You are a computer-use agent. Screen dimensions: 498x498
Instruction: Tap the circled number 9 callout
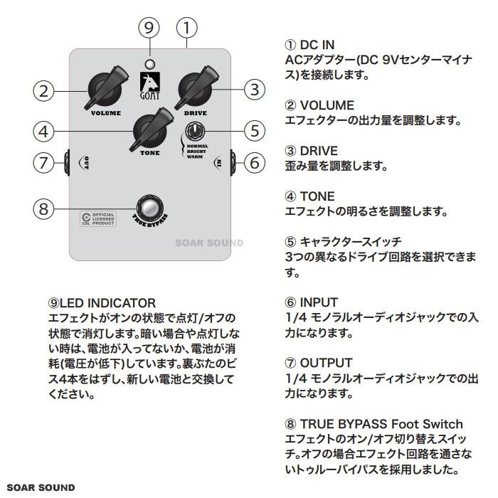click(149, 28)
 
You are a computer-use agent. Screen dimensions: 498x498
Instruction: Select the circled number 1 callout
click(186, 28)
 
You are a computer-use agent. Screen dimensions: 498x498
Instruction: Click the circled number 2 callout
click(44, 90)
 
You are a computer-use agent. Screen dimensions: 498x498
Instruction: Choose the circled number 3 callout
click(254, 90)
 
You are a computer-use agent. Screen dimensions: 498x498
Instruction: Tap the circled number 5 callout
click(254, 131)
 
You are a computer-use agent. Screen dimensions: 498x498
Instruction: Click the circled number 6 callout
click(254, 162)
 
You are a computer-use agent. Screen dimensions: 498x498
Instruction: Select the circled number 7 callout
click(44, 162)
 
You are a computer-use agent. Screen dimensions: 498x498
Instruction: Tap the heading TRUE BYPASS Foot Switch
click(373, 425)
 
